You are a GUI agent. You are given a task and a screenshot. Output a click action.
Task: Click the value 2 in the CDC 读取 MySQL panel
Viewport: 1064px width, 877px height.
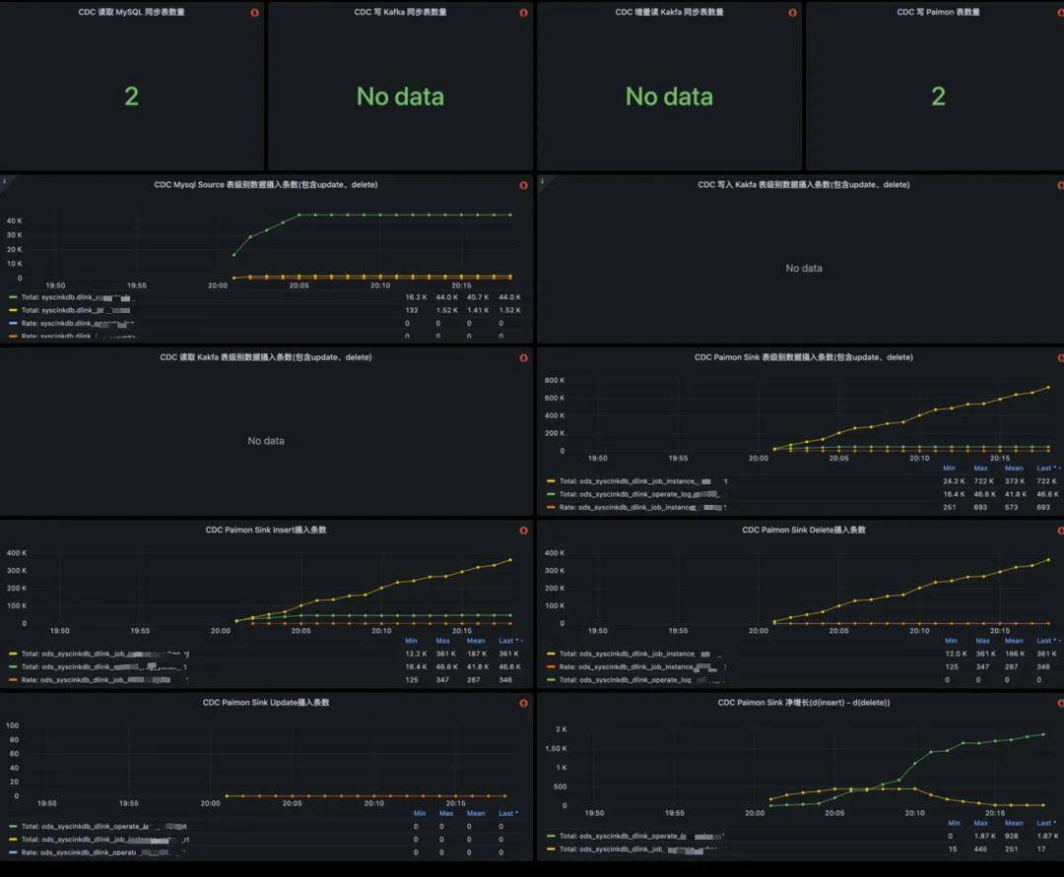pos(131,96)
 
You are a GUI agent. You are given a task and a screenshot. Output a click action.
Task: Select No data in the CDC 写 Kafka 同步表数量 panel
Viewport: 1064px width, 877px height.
pos(400,96)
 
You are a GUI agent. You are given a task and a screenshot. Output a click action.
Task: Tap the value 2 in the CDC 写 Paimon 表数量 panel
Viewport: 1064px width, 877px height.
pos(938,96)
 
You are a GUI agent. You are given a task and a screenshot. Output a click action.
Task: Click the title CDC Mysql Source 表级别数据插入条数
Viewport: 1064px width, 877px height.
pos(266,185)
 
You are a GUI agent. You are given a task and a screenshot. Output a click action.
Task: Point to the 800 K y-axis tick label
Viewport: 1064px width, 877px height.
pos(554,380)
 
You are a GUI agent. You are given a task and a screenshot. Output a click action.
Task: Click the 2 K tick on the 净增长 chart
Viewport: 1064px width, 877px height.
pos(560,729)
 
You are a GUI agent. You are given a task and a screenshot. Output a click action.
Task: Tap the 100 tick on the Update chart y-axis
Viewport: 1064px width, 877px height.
pos(13,725)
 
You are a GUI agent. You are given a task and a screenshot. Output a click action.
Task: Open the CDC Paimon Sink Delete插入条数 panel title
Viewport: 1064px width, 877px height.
pos(804,531)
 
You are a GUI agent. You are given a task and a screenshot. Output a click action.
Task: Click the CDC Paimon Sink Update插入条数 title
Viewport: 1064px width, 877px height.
pos(266,703)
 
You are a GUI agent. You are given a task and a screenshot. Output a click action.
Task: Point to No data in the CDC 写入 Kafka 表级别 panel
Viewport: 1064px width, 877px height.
pos(804,268)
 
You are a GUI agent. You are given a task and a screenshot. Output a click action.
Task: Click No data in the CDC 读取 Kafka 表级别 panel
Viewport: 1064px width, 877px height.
pos(266,441)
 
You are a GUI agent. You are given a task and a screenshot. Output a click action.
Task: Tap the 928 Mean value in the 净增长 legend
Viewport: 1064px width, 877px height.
pos(1014,836)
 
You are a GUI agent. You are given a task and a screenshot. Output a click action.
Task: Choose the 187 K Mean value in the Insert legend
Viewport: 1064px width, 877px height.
pos(477,654)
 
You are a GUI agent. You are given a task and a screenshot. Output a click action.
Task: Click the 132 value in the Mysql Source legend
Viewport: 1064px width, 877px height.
pos(412,309)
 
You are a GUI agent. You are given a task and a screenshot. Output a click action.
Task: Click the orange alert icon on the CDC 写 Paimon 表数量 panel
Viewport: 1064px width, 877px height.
pos(1061,13)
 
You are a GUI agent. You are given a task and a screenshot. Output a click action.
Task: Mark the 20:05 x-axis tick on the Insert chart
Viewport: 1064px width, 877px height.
pos(300,631)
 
